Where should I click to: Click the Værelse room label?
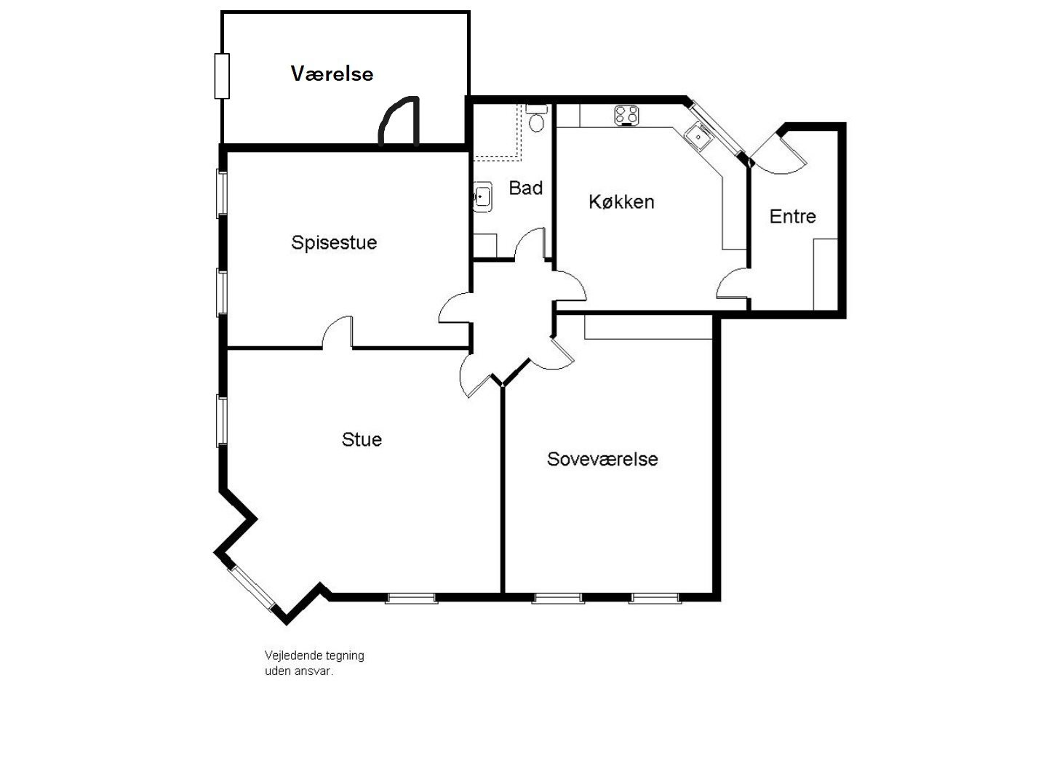332,73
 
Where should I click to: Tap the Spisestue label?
334,242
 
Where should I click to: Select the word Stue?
362,439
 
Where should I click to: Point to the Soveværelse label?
602,459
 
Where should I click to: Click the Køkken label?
621,201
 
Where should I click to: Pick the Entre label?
792,216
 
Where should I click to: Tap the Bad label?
525,188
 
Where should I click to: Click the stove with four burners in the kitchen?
626,115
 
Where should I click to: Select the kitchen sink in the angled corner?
698,135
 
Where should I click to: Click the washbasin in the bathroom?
481,196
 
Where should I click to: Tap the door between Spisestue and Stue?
338,335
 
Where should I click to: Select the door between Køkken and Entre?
733,284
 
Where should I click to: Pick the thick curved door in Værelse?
399,122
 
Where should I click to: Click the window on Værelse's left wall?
221,76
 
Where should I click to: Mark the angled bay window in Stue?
251,588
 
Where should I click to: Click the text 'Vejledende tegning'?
314,655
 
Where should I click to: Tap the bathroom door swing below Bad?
530,244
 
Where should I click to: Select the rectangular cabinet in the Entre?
825,273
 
